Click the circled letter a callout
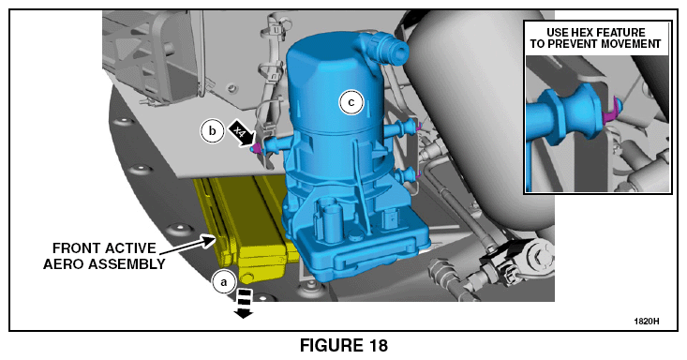tap(222, 280)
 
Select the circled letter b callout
tap(213, 131)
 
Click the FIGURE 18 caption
tap(343, 345)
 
